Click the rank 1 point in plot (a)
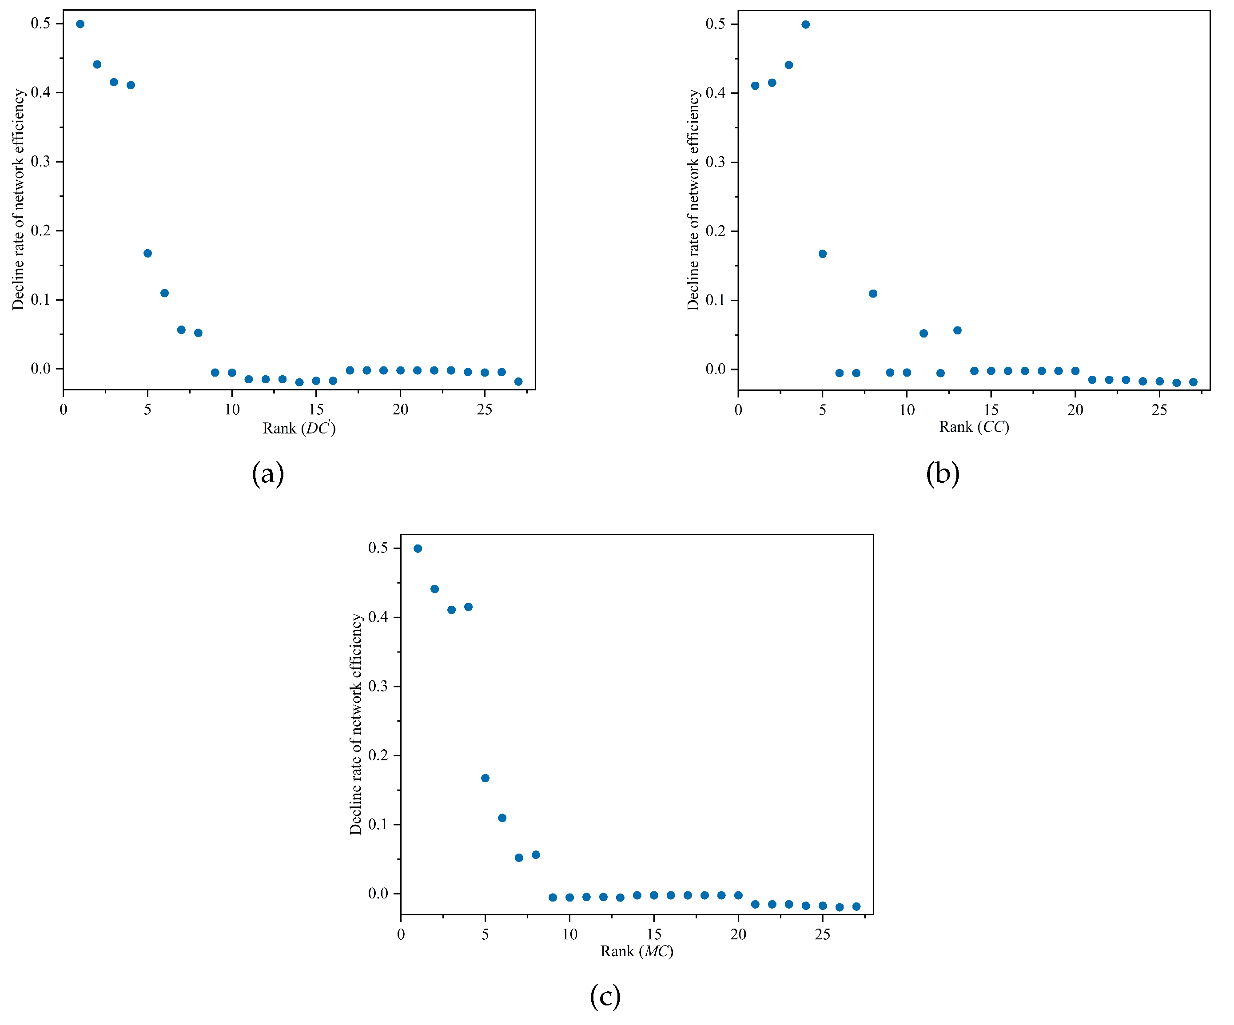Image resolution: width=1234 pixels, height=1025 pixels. tap(80, 24)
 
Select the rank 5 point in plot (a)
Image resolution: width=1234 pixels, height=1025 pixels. tap(147, 254)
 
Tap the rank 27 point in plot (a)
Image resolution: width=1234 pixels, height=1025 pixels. tap(518, 382)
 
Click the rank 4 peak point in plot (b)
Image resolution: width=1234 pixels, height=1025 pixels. tap(806, 25)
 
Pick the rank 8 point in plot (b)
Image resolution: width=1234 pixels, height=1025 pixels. tap(873, 294)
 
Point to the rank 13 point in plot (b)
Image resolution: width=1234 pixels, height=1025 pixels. tap(957, 331)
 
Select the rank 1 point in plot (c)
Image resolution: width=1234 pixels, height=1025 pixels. tap(418, 548)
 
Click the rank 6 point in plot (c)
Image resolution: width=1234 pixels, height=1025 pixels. tap(502, 818)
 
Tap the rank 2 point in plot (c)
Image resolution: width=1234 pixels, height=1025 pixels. tap(435, 589)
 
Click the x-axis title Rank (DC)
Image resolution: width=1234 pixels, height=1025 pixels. tap(299, 428)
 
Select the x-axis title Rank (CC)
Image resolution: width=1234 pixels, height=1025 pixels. tap(974, 427)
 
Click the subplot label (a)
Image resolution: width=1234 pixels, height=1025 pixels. tap(268, 473)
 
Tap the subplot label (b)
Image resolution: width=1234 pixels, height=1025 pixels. tap(943, 473)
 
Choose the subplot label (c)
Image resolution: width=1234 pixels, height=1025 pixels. tap(605, 997)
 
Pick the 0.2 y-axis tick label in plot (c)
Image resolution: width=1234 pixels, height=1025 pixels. tap(378, 755)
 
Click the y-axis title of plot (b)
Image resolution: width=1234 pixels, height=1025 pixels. tap(693, 200)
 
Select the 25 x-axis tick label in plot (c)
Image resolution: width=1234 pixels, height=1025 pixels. tap(822, 934)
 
